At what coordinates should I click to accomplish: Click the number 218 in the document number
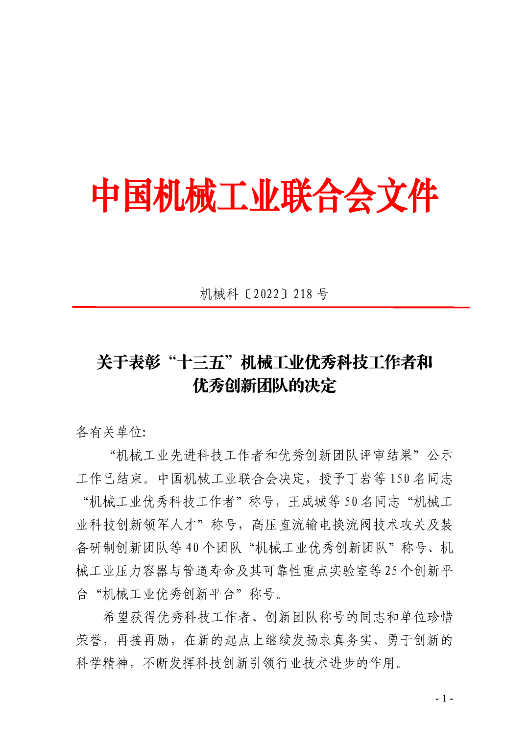[x=302, y=294]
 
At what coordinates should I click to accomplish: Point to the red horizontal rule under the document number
[x=271, y=307]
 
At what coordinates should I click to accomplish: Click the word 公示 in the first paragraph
[x=439, y=455]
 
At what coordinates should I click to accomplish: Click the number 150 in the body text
[x=400, y=478]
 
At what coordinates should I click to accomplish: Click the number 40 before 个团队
[x=192, y=548]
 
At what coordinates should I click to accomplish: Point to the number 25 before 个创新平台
[x=391, y=571]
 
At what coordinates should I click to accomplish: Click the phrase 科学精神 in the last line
[x=102, y=663]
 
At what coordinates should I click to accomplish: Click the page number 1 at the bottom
[x=444, y=699]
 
